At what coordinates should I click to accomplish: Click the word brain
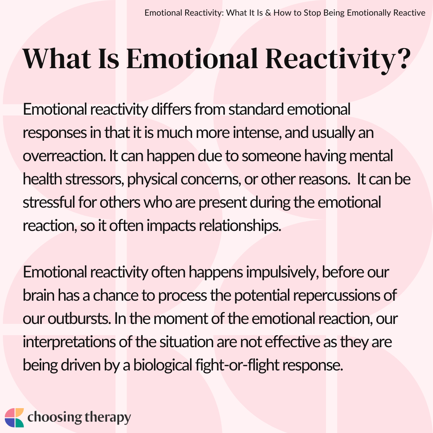click(38, 295)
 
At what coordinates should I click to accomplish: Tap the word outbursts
click(79, 319)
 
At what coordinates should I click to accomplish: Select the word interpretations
click(69, 342)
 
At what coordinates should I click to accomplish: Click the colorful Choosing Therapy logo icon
click(14, 417)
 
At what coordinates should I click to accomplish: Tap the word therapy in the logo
click(107, 418)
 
